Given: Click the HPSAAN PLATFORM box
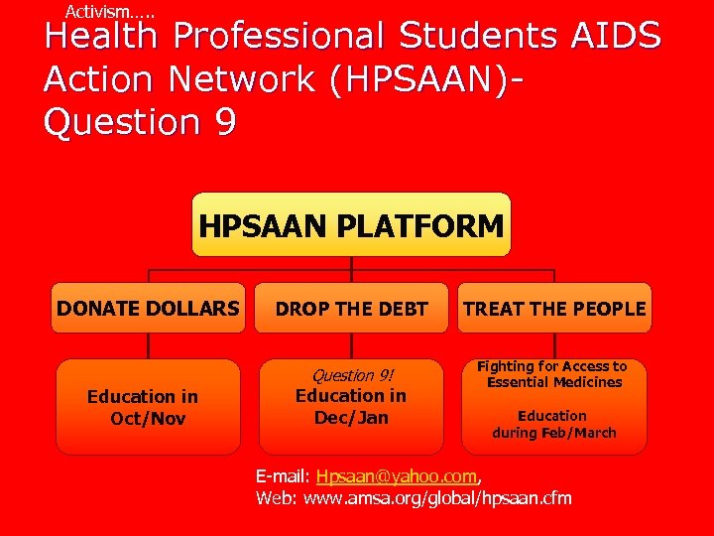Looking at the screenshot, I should coord(351,225).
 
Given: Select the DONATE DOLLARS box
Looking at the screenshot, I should coord(148,309).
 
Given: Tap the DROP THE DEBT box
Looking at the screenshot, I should coord(351,309).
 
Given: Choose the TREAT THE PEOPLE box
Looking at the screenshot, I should coord(554,309).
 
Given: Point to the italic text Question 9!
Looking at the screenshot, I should coord(352,375).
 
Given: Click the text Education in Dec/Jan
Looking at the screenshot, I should coord(351,407).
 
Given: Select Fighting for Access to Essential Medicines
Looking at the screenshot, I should coord(554,374).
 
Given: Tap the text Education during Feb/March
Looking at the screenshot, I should coord(553,424).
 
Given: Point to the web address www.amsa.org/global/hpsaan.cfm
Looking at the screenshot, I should coord(437,497).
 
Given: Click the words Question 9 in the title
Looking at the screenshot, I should coord(139,122).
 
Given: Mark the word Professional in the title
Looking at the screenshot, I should coord(280,37).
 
